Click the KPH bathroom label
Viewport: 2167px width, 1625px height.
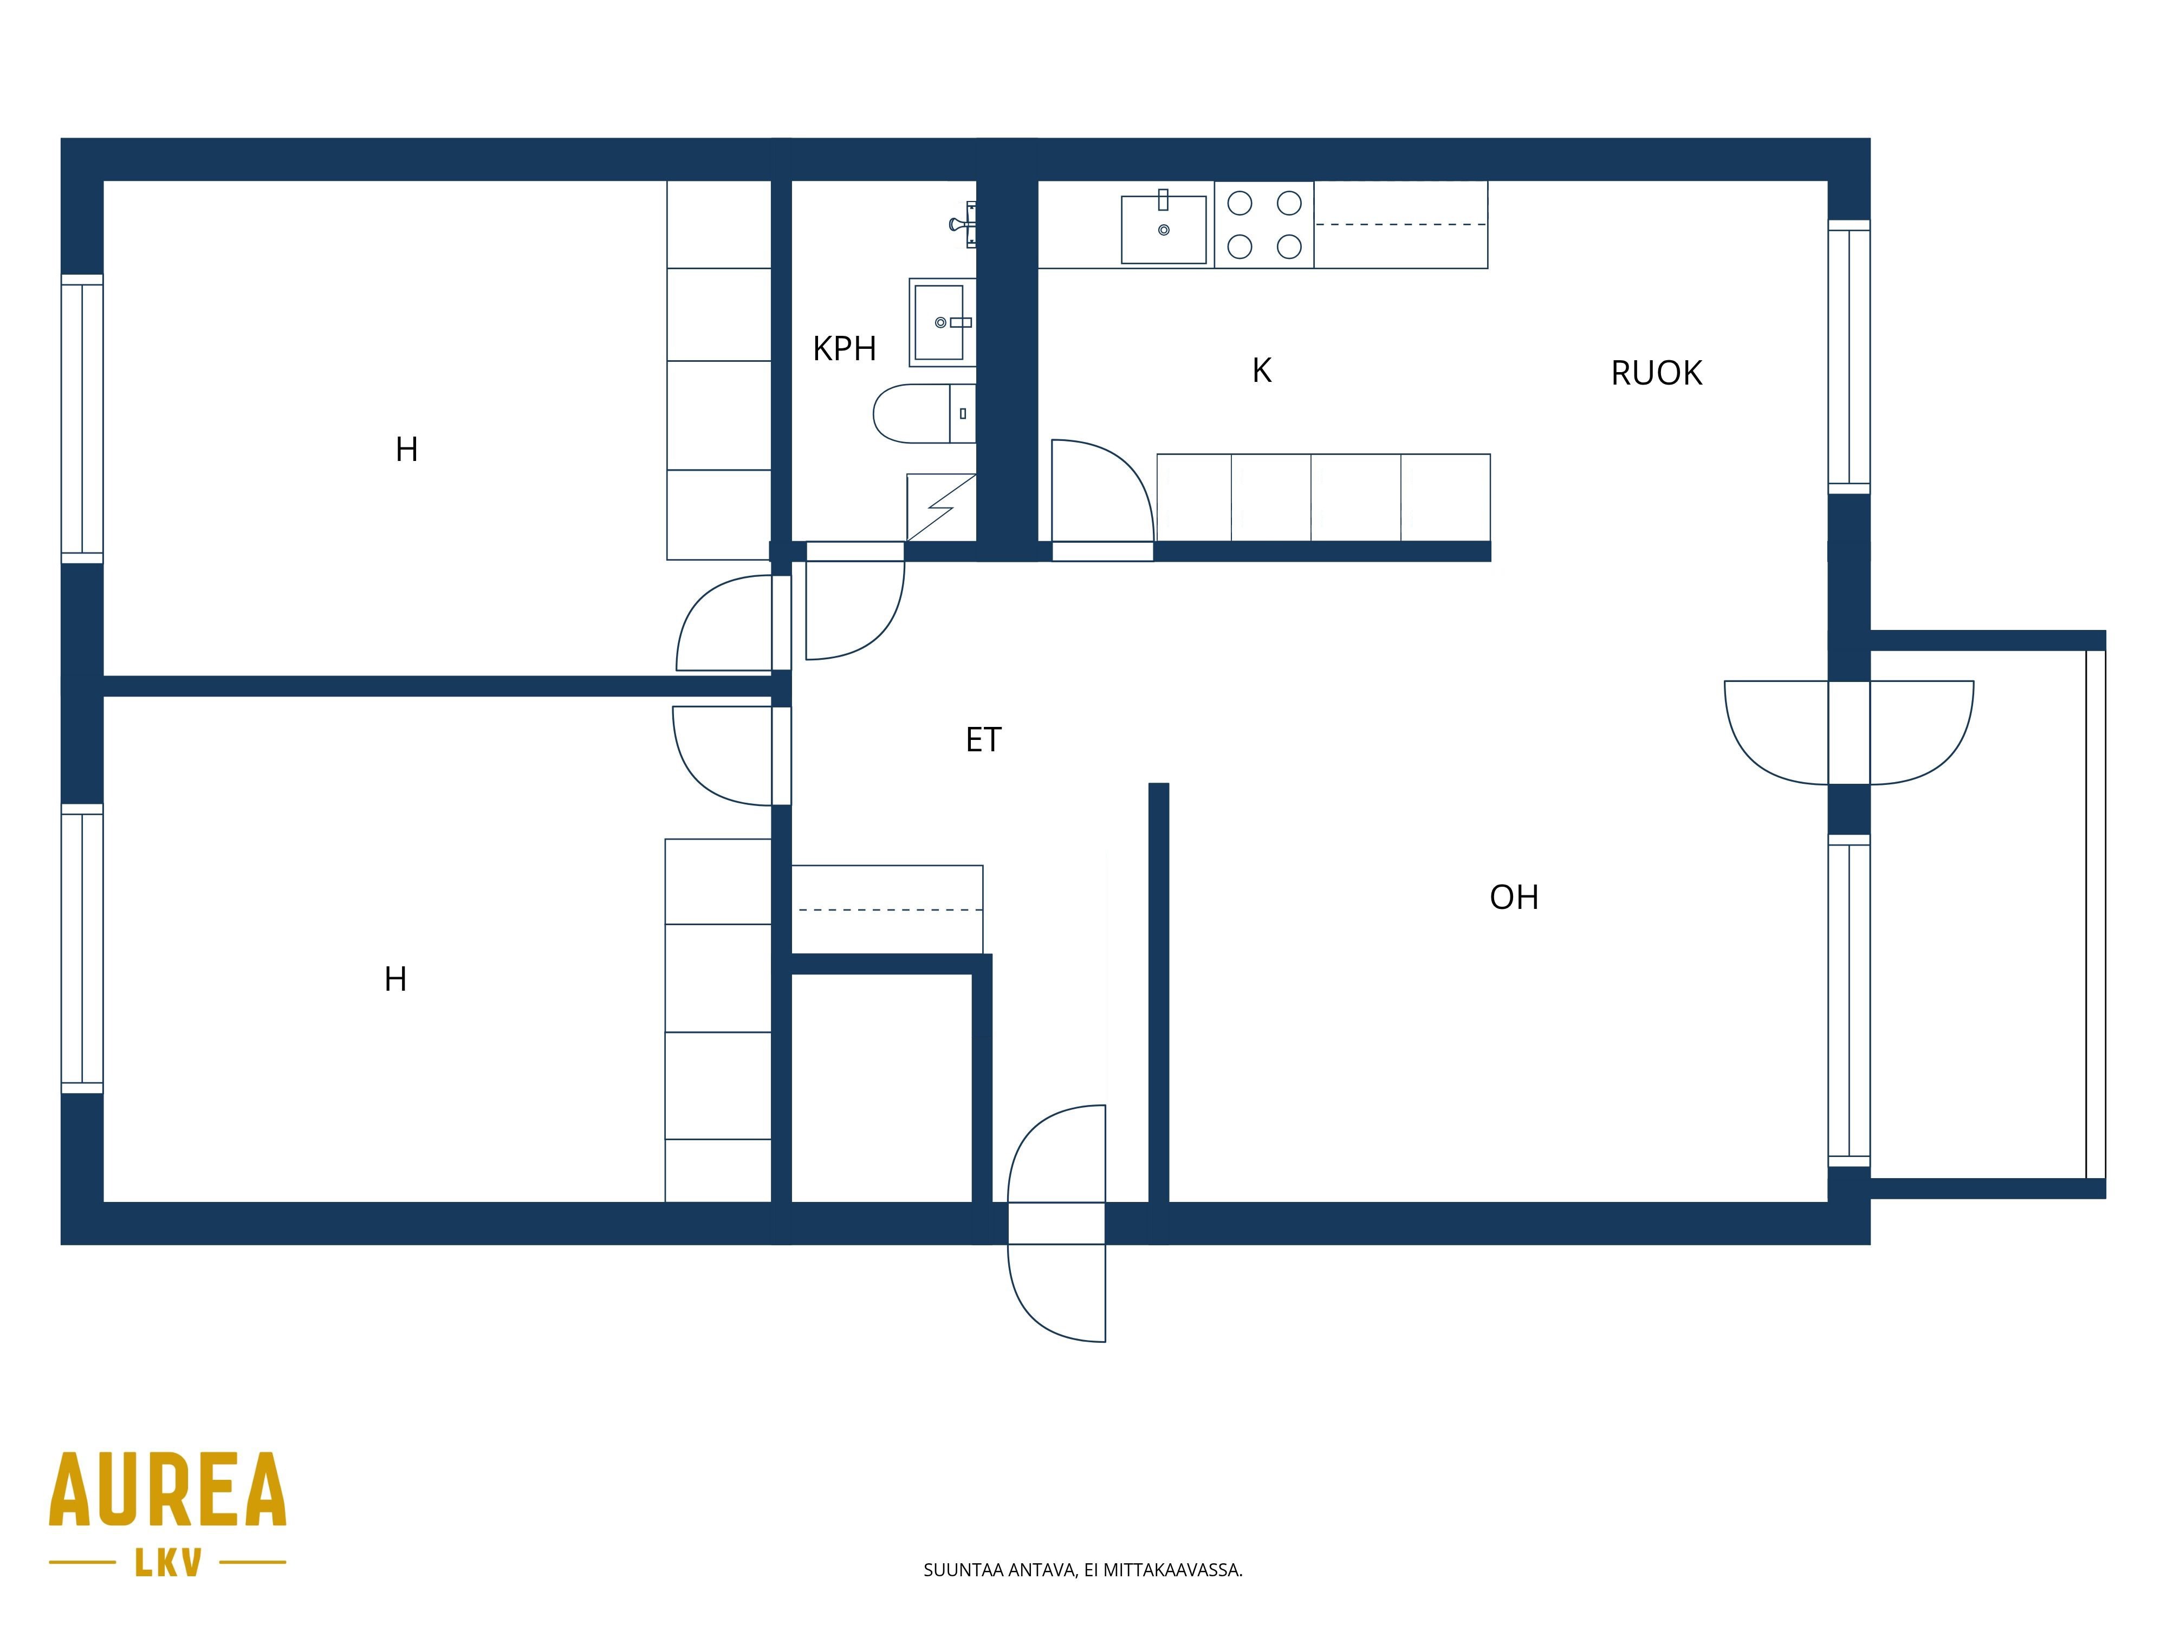(x=845, y=349)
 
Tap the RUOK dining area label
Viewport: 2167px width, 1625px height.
(x=1657, y=373)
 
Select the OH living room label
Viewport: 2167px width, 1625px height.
(x=1514, y=897)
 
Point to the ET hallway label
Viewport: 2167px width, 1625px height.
(x=984, y=739)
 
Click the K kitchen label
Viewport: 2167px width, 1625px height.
(x=1262, y=370)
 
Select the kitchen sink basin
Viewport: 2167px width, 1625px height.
(x=1164, y=229)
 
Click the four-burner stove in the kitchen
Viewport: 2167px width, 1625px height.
(x=1264, y=224)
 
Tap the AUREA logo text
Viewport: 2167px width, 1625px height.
(x=167, y=1489)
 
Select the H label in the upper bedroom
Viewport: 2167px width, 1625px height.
(x=406, y=450)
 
